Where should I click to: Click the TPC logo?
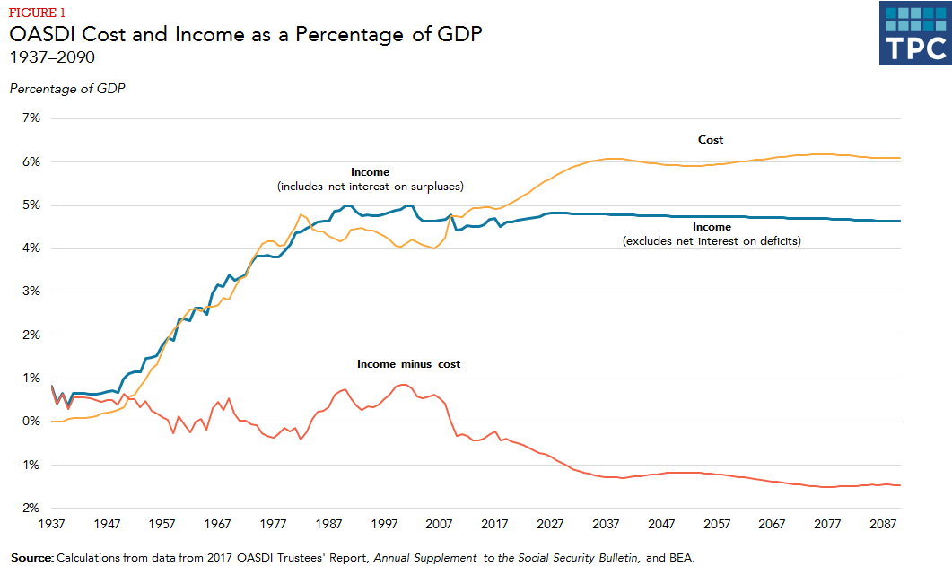point(913,33)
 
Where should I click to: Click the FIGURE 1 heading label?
point(38,13)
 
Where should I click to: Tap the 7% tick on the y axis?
point(32,118)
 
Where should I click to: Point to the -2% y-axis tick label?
point(31,508)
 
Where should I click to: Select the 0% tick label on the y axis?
point(32,422)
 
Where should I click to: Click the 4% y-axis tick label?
point(32,248)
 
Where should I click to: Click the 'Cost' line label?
point(711,140)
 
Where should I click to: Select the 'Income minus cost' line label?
point(408,364)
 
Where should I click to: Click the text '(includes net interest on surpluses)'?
point(370,187)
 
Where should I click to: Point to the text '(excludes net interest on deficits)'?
point(711,241)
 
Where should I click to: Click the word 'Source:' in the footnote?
point(31,558)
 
